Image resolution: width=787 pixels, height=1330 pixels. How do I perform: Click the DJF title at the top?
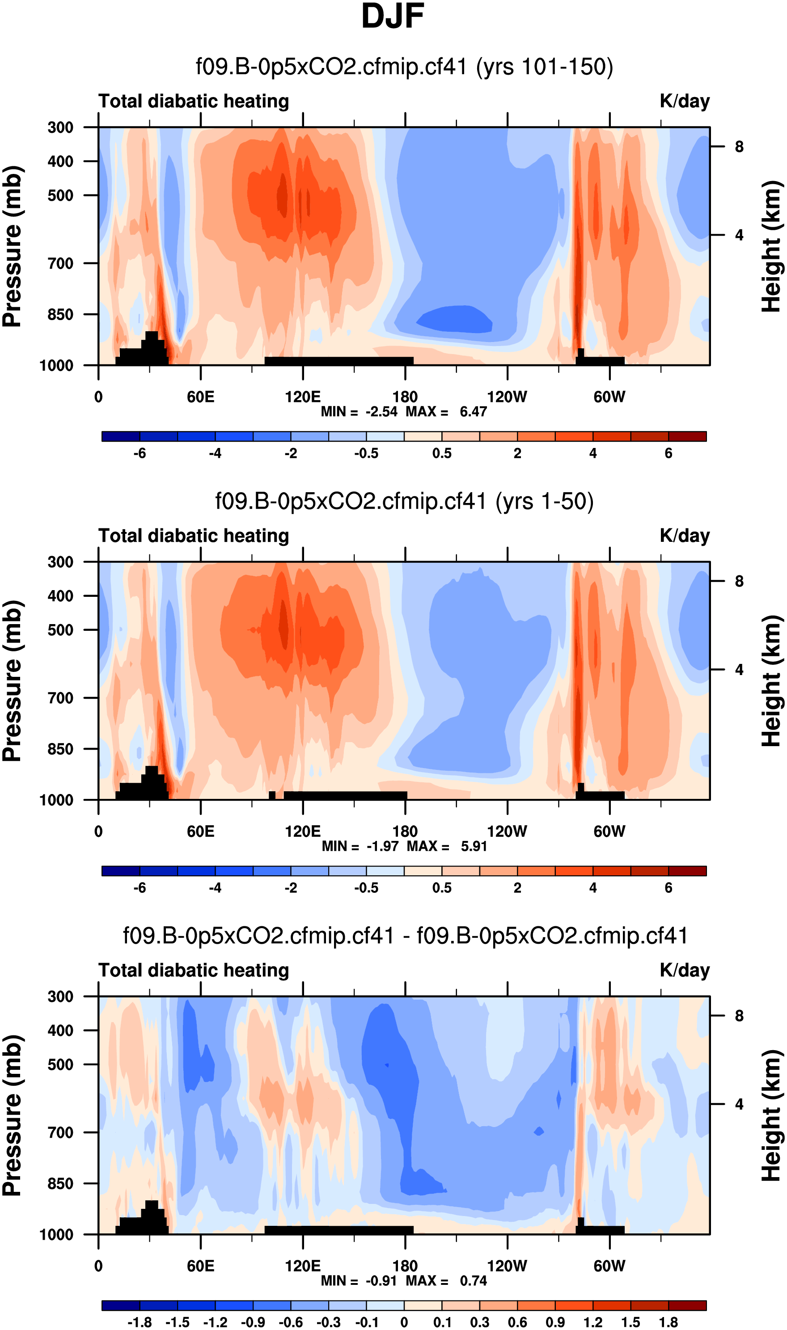tap(393, 17)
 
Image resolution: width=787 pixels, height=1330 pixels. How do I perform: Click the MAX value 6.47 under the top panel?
tap(473, 412)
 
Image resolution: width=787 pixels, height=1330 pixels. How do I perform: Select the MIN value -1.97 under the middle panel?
tap(382, 847)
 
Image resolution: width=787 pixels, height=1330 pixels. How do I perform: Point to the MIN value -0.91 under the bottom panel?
tap(381, 1281)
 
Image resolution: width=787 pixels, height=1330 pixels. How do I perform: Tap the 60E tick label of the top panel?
tap(200, 397)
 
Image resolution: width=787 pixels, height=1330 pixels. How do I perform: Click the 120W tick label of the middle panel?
tap(507, 832)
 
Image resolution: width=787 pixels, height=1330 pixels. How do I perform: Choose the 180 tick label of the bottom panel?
tap(405, 1267)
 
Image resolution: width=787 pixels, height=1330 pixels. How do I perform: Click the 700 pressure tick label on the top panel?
tap(60, 263)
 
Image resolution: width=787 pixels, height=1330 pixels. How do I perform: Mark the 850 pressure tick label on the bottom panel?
tap(60, 1184)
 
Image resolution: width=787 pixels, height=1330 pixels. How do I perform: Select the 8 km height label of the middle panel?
tap(739, 582)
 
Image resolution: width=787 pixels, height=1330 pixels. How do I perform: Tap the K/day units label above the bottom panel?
tap(684, 971)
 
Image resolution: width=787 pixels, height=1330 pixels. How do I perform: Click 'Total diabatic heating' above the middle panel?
tap(194, 536)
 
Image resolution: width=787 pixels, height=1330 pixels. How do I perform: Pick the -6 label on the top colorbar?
tap(140, 454)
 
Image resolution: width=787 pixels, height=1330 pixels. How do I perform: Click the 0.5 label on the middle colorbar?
tap(442, 888)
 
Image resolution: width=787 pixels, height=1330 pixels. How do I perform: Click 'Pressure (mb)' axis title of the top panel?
tap(13, 246)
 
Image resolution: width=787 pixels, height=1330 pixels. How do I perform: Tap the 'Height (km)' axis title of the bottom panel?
tap(772, 1115)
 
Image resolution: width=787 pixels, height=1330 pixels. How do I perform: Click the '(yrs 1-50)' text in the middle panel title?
tap(544, 502)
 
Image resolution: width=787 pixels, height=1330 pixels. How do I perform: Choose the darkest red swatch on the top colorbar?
tap(687, 437)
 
